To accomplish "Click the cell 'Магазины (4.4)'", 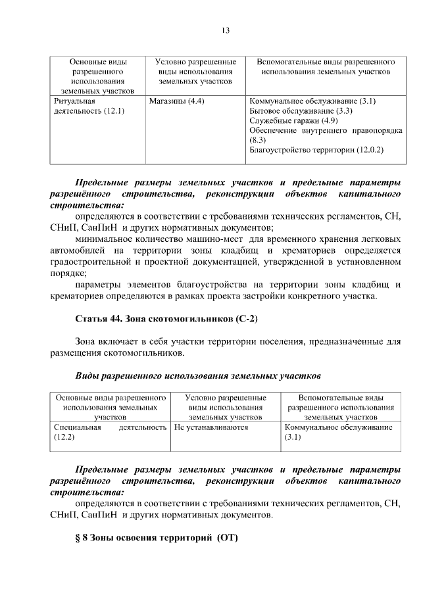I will coord(177,102).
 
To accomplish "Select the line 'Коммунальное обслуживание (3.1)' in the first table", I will coord(312,102).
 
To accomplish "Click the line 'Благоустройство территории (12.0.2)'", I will coord(316,150).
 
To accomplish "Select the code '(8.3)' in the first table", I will coord(257,140).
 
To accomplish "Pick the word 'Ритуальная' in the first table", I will coord(74,102).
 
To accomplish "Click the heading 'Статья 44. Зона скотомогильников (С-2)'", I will coord(166,319).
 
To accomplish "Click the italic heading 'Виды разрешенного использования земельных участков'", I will coord(198,376).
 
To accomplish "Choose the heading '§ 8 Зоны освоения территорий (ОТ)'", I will coord(156,537).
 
